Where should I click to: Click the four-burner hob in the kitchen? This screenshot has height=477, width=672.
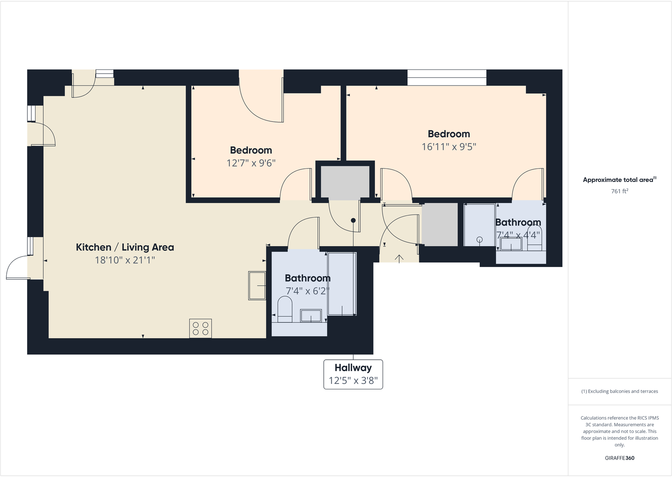[x=200, y=328]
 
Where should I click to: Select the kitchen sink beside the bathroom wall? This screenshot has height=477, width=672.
[x=257, y=286]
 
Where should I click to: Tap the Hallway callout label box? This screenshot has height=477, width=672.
[x=353, y=374]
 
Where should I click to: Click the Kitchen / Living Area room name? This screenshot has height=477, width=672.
[x=125, y=247]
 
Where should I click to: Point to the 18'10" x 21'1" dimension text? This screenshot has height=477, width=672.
[x=125, y=260]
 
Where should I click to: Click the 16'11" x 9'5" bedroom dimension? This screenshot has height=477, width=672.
[x=448, y=147]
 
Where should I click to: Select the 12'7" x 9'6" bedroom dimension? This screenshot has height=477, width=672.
[x=251, y=163]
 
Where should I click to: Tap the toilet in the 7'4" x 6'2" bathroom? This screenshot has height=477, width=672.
[x=285, y=309]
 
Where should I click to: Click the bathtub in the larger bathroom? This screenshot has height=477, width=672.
[x=342, y=284]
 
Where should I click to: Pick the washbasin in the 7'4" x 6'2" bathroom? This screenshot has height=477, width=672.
[x=311, y=316]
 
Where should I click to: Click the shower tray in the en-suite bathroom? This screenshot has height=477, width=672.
[x=479, y=225]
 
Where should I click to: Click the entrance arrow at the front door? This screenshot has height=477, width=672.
[x=399, y=258]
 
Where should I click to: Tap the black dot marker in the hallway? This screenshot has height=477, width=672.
[x=353, y=221]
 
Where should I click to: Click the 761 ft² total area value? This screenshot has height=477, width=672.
[x=619, y=191]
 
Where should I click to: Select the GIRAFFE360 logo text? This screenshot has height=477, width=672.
[x=619, y=458]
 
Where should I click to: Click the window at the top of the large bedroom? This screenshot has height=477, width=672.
[x=447, y=78]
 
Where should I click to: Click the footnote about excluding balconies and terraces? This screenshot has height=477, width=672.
[x=619, y=392]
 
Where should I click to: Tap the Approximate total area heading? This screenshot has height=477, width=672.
[x=619, y=180]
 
